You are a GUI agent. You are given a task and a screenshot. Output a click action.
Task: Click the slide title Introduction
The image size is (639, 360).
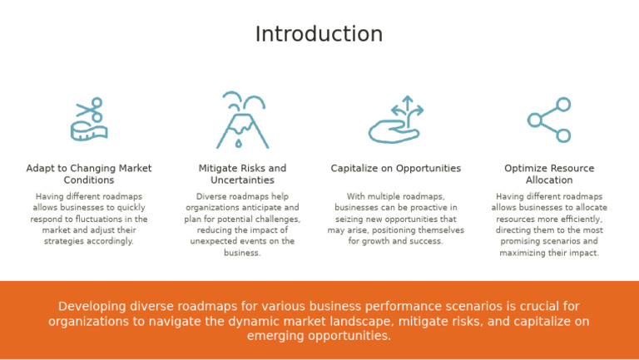319,34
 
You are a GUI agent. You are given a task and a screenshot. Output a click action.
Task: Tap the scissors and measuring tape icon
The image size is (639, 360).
89,120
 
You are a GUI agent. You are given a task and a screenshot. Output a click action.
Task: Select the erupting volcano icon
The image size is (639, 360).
242,121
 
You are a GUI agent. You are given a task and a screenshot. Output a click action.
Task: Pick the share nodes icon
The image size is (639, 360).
549,120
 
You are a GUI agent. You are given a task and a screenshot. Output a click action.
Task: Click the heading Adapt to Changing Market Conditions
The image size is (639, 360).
89,174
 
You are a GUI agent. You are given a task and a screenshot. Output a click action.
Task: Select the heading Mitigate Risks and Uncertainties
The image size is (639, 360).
242,174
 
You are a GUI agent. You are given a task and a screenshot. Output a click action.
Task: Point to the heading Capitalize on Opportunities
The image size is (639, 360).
395,168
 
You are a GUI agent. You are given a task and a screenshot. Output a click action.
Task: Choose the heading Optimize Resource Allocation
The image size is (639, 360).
549,174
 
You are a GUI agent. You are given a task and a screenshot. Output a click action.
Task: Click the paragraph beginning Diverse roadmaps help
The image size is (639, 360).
242,224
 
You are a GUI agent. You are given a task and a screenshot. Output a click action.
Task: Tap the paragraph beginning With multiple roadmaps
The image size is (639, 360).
395,219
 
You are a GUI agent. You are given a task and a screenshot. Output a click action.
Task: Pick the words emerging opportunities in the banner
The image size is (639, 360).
319,336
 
